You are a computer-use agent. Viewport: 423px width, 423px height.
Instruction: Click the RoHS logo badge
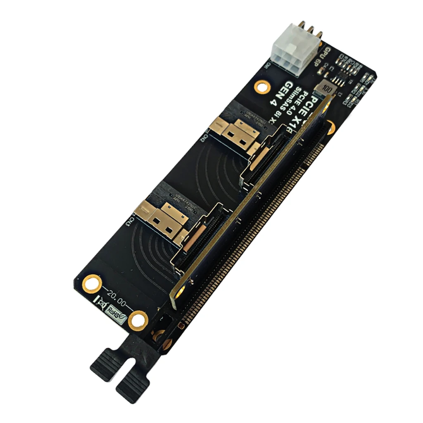click(x=115, y=311)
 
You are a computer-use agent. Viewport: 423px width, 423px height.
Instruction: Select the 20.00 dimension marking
click(x=116, y=296)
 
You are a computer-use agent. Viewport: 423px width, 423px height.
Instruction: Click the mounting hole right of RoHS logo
click(x=137, y=319)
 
